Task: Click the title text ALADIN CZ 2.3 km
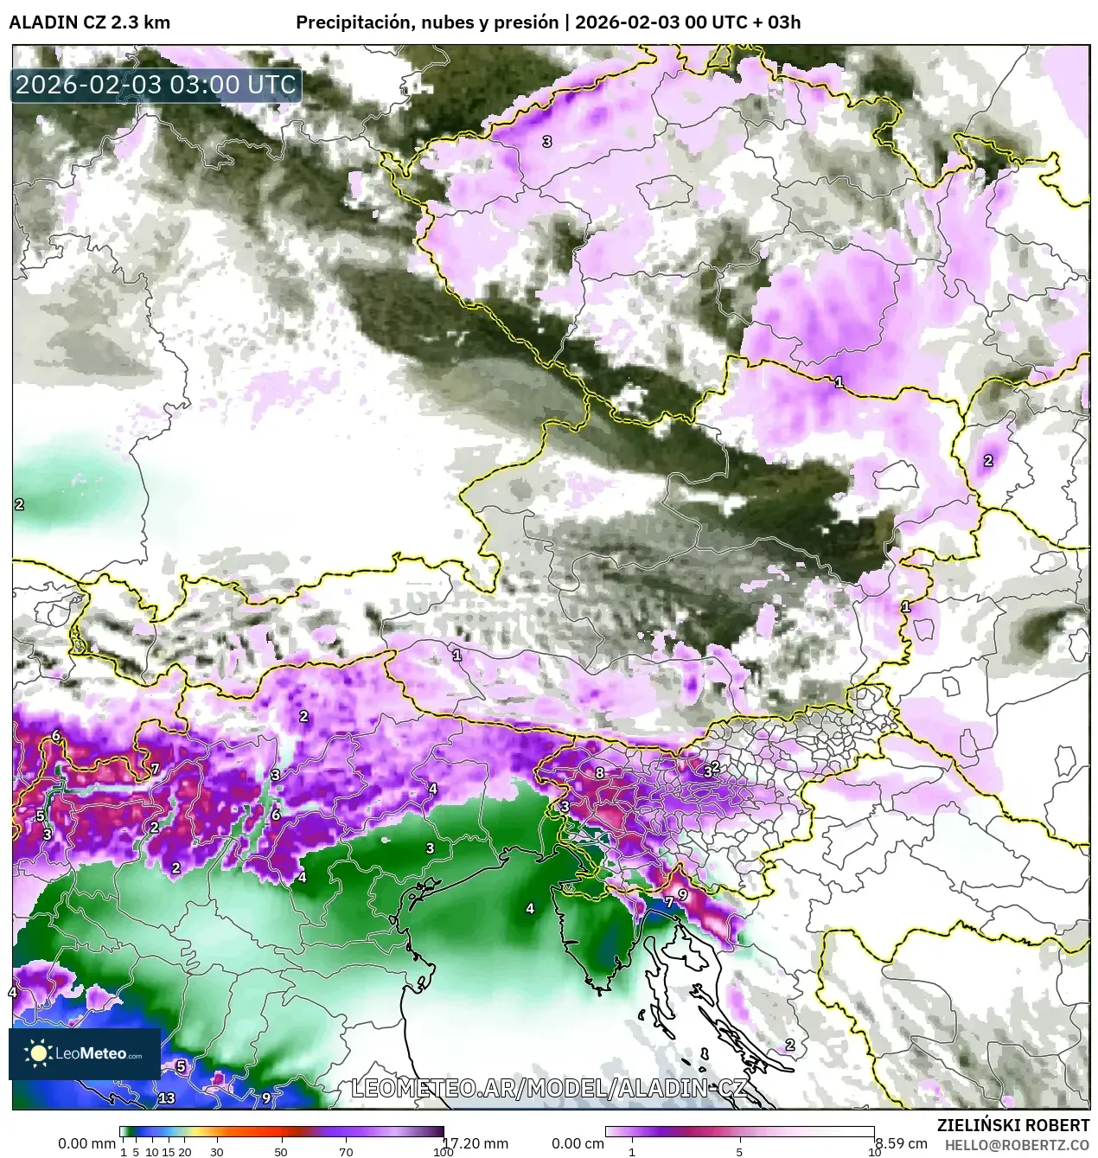89,22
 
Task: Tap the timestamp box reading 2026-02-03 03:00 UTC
156,86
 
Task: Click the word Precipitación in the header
350,22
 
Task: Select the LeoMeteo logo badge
85,1053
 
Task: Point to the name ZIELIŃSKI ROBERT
1013,1125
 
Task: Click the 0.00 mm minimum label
86,1143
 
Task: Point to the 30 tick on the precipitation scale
216,1152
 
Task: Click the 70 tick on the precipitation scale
346,1152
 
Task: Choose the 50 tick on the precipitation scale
281,1152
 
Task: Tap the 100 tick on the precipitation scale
443,1152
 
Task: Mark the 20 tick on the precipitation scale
183,1152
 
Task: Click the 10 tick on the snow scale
873,1152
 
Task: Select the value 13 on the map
167,1098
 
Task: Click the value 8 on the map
599,773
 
